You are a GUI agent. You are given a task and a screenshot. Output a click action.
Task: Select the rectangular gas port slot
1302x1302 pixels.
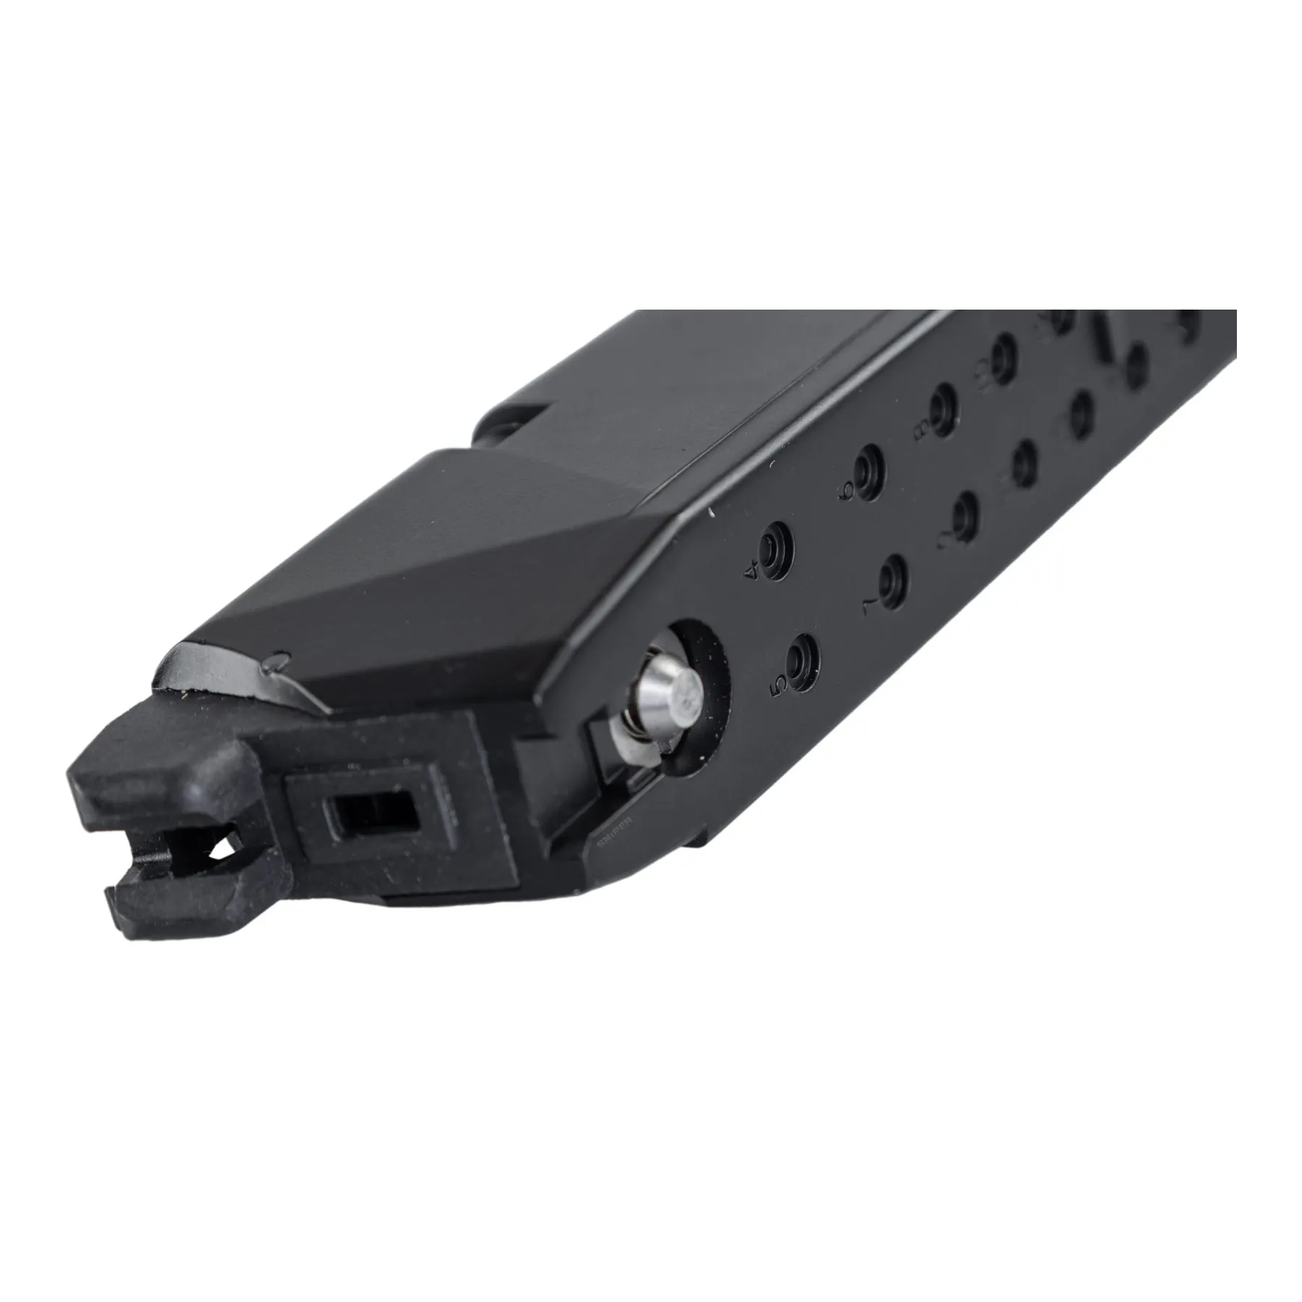(373, 814)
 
